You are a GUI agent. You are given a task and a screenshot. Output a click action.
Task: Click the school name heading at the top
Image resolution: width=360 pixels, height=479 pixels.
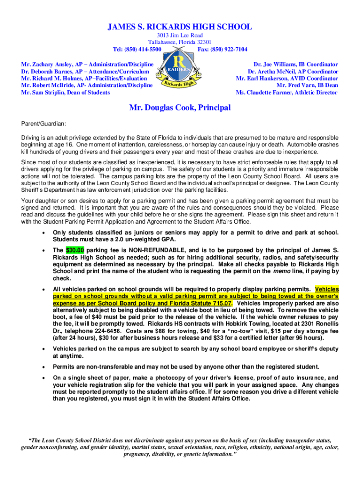[x=180, y=27]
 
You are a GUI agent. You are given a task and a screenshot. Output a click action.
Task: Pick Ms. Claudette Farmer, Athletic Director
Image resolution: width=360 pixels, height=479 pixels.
[x=287, y=92]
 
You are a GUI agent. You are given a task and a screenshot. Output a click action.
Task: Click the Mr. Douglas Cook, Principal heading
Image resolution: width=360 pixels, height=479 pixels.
[x=180, y=108]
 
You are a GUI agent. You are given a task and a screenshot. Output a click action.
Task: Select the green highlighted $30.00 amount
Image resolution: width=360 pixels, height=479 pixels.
[x=75, y=250]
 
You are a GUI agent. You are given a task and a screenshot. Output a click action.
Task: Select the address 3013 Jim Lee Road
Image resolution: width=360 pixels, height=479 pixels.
[x=180, y=36]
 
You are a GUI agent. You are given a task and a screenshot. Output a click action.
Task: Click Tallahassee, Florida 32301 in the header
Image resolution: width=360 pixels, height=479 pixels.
[x=180, y=42]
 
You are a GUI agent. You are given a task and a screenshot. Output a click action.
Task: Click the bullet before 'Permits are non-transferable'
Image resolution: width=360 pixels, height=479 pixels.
[x=43, y=367]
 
